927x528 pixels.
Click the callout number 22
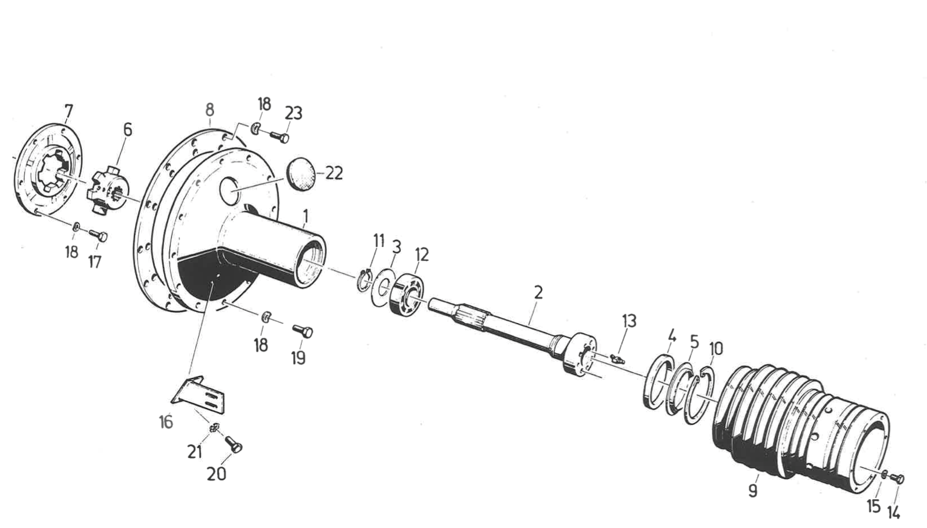pyautogui.click(x=334, y=173)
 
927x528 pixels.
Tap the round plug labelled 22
pyautogui.click(x=301, y=175)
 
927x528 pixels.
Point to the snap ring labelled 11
pyautogui.click(x=365, y=279)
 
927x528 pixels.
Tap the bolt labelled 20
pyautogui.click(x=234, y=445)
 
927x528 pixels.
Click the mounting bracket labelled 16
pyautogui.click(x=200, y=397)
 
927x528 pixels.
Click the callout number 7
pyautogui.click(x=68, y=111)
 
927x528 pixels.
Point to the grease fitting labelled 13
pyautogui.click(x=616, y=358)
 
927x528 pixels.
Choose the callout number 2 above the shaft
pyautogui.click(x=538, y=292)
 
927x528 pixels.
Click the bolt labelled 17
pyautogui.click(x=98, y=236)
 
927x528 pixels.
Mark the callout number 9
pyautogui.click(x=752, y=490)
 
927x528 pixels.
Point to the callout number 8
pyautogui.click(x=209, y=110)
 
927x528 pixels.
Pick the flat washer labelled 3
pyautogui.click(x=385, y=282)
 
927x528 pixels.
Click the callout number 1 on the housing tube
pyautogui.click(x=305, y=217)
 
